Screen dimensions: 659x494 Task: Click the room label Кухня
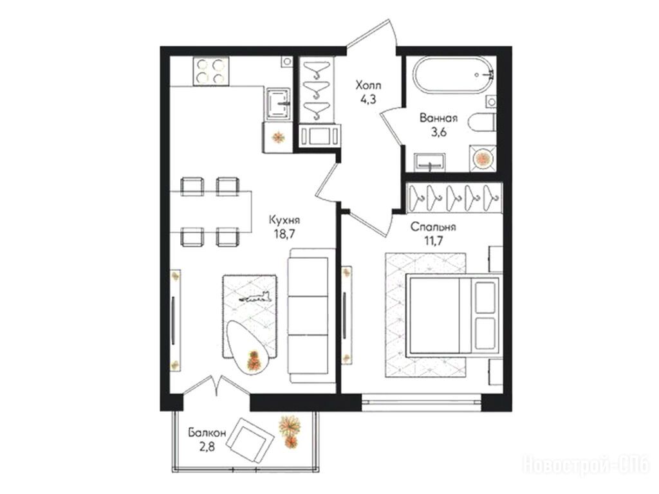284,221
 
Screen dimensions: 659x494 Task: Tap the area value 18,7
284,234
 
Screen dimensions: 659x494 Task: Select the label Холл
368,86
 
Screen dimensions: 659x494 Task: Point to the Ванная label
438,118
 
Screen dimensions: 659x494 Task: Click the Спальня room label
433,227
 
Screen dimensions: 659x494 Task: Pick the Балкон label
207,432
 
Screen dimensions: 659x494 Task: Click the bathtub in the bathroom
453,75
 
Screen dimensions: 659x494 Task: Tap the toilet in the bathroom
483,123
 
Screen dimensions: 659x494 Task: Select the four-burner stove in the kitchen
211,71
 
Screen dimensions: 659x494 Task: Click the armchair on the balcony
250,441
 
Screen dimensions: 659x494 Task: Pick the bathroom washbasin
429,161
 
